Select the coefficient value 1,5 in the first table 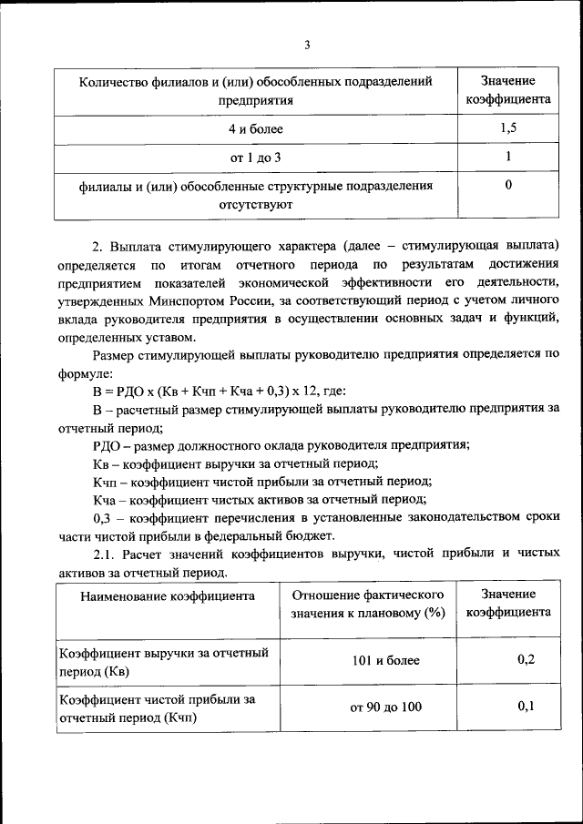coord(508,129)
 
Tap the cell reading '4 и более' coord(256,129)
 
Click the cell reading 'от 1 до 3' coord(256,158)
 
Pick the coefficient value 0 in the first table coord(508,186)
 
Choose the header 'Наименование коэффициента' coord(166,597)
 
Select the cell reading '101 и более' coord(386,660)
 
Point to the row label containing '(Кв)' coord(163,661)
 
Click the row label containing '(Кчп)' coord(157,707)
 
